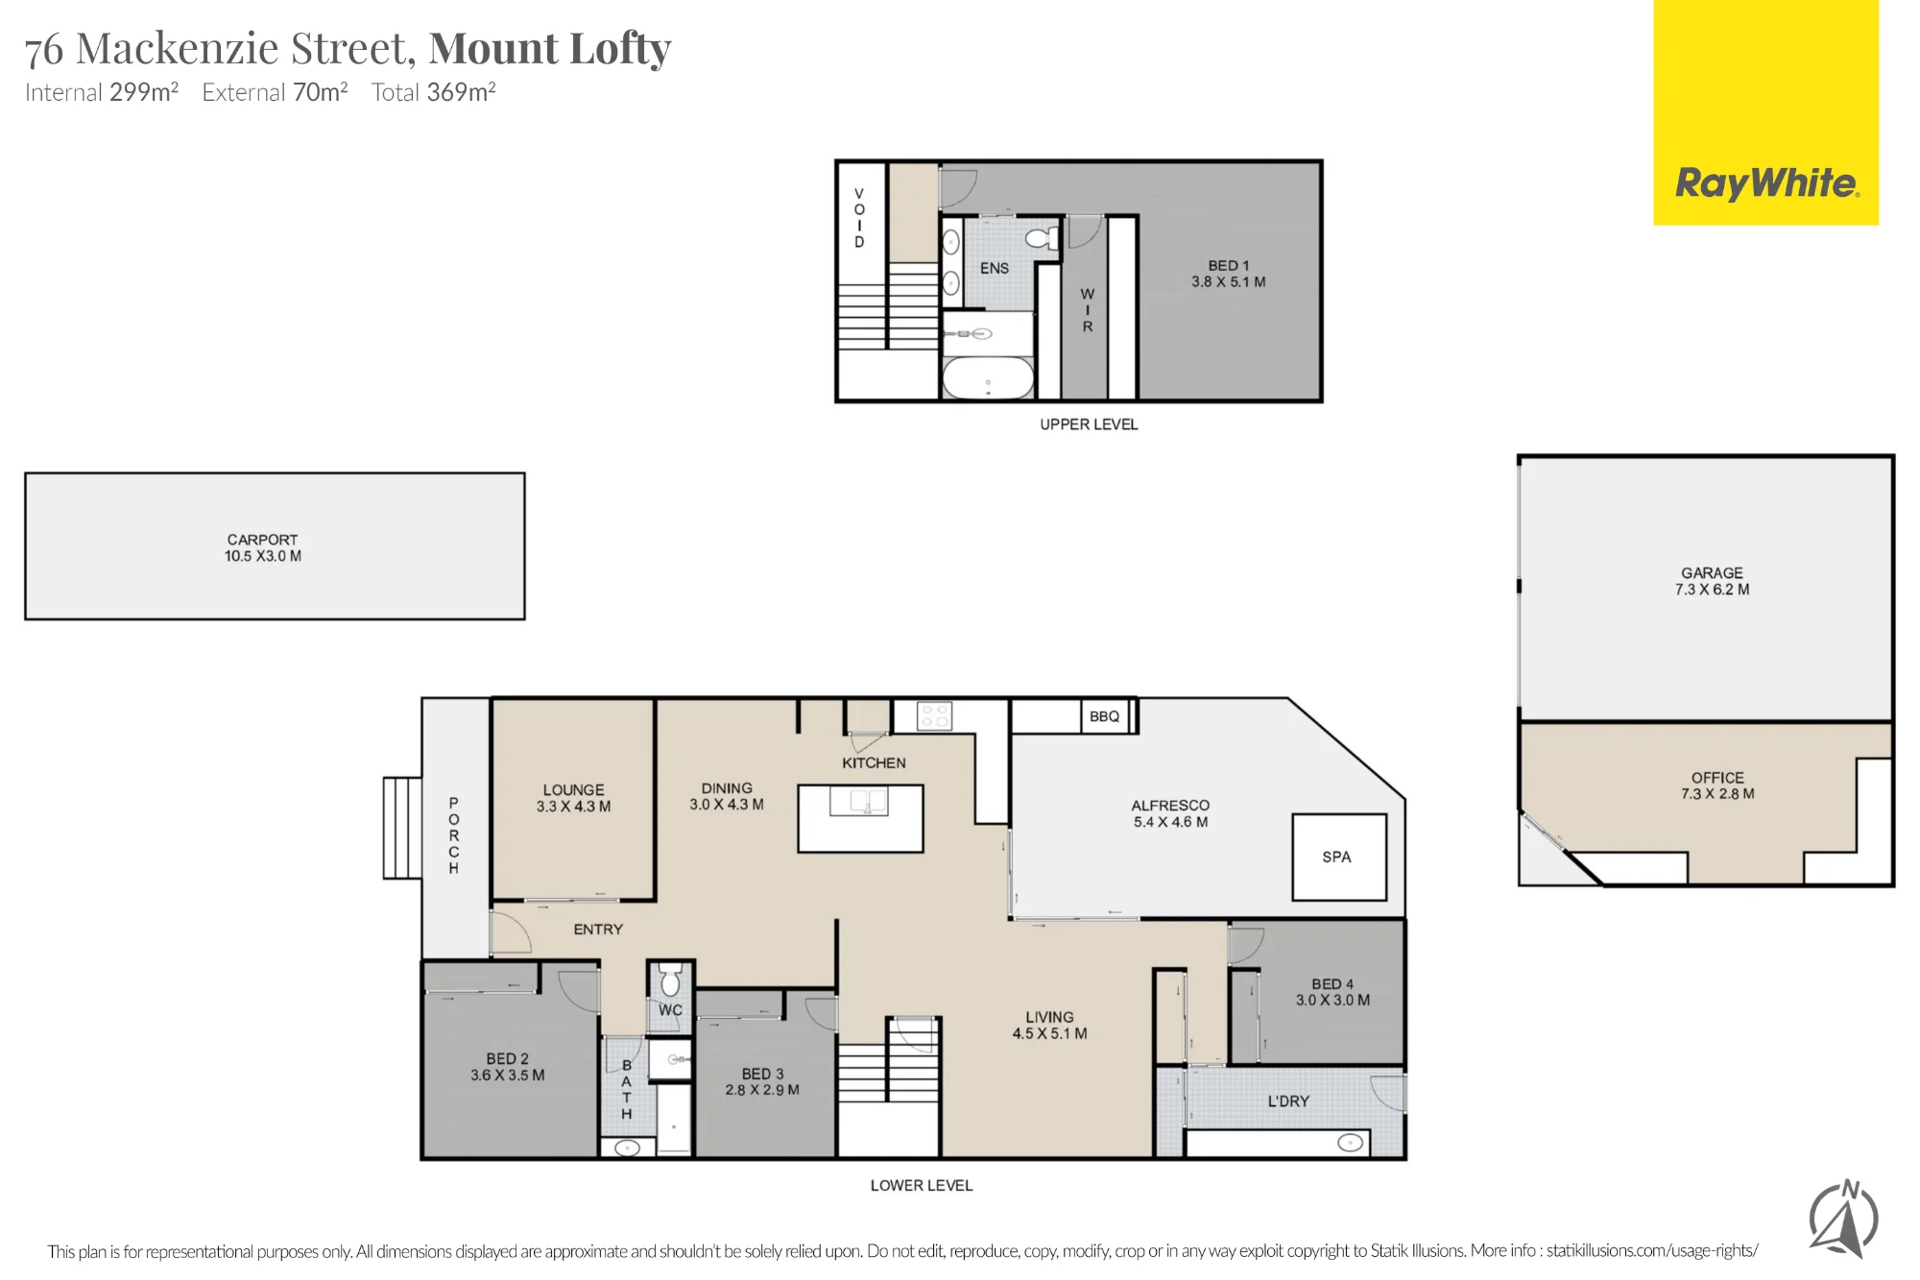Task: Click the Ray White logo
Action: point(1765,112)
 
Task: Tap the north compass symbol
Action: point(1844,1219)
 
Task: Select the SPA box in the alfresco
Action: point(1339,857)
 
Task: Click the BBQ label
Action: point(1104,716)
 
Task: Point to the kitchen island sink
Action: point(858,801)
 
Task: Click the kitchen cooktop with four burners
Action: point(934,716)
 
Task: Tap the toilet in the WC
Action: point(670,979)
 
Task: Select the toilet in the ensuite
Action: point(1042,237)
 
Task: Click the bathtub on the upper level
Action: point(988,378)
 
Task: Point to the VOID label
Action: point(859,218)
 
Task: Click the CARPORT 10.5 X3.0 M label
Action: point(263,547)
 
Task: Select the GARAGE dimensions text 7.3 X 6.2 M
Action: point(1712,590)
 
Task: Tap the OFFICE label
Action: point(1717,778)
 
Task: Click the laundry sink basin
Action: point(1350,1143)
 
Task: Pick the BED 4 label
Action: point(1332,984)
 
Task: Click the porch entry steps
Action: point(402,828)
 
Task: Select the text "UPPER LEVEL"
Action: point(1089,424)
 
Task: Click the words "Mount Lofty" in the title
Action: point(550,48)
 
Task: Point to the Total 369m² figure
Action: point(433,92)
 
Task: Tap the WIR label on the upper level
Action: point(1088,310)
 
